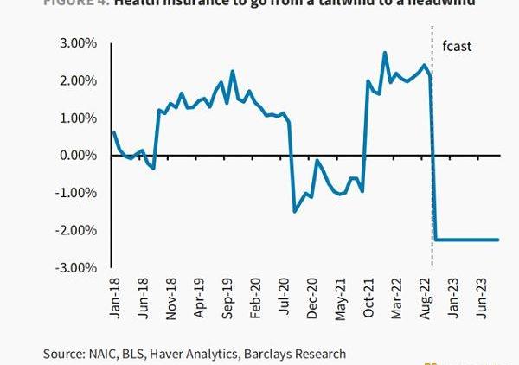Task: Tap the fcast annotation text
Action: point(456,46)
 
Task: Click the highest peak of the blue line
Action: point(384,53)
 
